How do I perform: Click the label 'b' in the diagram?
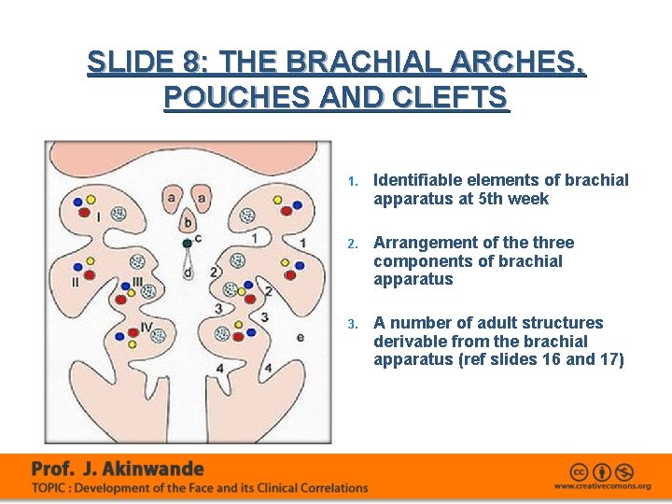188,223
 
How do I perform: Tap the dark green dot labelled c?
188,243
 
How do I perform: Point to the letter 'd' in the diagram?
188,273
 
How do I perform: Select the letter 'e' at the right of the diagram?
300,337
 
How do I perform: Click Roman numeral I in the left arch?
98,217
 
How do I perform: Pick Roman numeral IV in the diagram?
146,326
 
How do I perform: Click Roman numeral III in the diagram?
137,281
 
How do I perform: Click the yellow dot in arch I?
91,200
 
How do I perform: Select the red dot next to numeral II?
90,274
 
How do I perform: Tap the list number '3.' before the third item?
353,324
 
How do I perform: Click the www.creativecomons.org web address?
602,486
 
